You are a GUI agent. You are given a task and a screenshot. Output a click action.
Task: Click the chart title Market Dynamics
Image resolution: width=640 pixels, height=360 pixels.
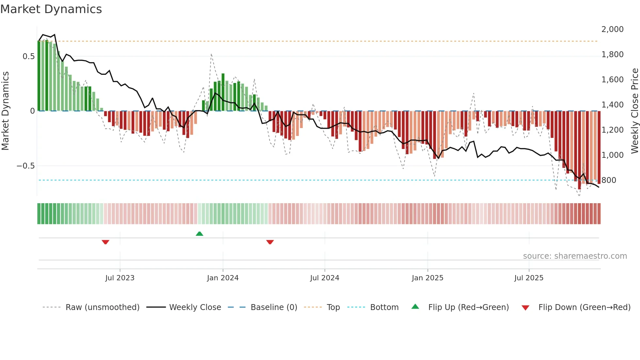[x=51, y=9]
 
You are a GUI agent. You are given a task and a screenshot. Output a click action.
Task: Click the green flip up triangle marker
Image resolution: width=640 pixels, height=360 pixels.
[x=200, y=234]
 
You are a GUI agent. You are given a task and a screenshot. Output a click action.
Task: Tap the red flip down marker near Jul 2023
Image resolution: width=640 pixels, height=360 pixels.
[x=105, y=242]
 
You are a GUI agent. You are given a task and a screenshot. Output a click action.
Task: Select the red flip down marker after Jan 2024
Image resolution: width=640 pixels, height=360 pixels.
[x=270, y=242]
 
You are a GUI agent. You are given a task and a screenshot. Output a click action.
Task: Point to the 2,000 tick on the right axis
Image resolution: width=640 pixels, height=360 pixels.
[x=612, y=29]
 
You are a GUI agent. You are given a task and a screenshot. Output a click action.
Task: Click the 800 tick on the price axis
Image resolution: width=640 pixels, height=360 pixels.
[x=609, y=180]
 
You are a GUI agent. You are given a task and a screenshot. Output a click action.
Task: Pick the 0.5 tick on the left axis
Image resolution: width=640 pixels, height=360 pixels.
[x=28, y=57]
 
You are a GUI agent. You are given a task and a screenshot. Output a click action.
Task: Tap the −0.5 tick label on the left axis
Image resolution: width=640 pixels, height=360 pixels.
[x=26, y=166]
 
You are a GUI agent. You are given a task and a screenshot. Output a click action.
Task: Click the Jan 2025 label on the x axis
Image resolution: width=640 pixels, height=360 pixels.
[x=427, y=278]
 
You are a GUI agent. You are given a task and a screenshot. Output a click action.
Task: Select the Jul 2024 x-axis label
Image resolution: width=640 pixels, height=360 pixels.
[x=325, y=278]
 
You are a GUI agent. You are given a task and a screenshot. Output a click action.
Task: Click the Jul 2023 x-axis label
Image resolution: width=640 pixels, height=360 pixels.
[x=120, y=278]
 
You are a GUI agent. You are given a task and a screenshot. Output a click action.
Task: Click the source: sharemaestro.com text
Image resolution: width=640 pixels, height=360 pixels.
[x=575, y=256]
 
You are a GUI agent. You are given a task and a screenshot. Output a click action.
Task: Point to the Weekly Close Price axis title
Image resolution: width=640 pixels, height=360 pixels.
[x=634, y=111]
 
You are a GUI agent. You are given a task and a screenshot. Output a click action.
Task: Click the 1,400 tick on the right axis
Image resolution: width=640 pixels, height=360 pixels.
[x=612, y=105]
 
